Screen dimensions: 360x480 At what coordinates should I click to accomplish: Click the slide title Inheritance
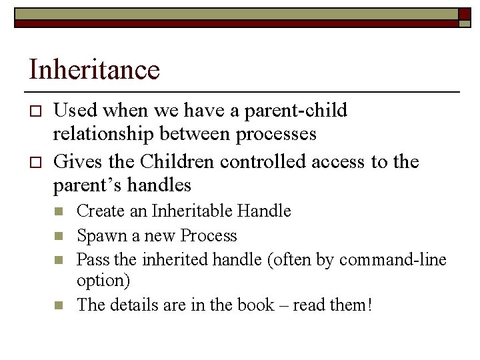(x=94, y=70)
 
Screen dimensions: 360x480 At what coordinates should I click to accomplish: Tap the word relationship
(x=110, y=134)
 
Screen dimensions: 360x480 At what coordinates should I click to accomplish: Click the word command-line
(x=393, y=259)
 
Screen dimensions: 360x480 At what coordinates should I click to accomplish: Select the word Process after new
(x=208, y=235)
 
